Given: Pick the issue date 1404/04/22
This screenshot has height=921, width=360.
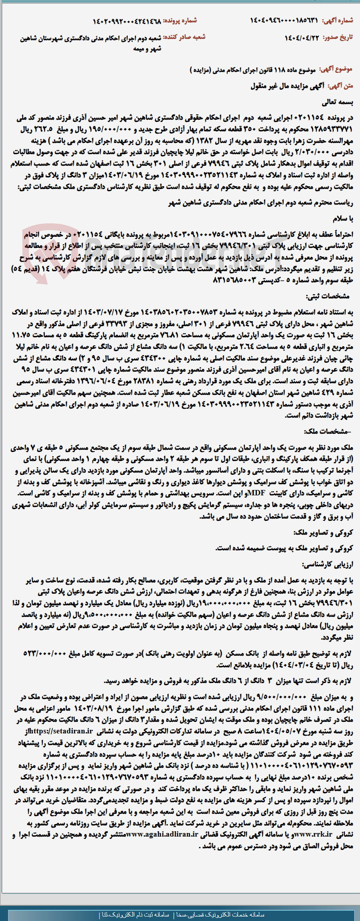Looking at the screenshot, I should tap(302, 38).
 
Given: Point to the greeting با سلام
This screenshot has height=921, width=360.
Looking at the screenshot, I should tap(343, 219).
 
